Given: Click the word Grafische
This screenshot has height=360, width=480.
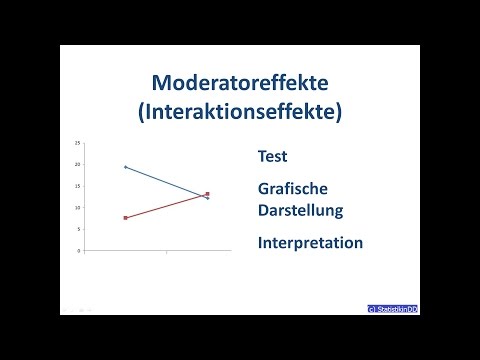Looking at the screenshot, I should click(293, 189).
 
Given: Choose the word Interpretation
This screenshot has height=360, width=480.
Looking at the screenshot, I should click(309, 243).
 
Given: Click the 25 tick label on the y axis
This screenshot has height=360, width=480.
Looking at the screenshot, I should click(77, 142).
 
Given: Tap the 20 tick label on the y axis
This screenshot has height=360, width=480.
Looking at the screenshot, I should click(77, 164).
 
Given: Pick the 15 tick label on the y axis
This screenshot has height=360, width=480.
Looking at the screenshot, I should click(77, 186).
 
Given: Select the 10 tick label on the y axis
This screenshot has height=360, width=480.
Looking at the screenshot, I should click(77, 207).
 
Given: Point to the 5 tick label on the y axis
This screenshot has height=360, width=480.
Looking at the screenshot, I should click(78, 229).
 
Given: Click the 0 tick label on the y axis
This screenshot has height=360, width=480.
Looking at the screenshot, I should click(78, 251).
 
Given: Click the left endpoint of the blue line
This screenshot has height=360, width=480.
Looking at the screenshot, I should click(125, 166).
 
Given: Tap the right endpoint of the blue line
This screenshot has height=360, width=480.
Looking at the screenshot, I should click(207, 198).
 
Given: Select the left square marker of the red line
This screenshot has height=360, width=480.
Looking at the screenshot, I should click(125, 218).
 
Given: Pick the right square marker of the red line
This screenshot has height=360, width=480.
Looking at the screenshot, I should click(207, 194).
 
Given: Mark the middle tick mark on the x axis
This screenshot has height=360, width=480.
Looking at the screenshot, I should click(166, 252).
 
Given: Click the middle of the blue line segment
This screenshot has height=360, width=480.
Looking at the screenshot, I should click(166, 182).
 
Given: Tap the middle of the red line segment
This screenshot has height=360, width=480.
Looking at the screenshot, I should click(166, 206).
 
